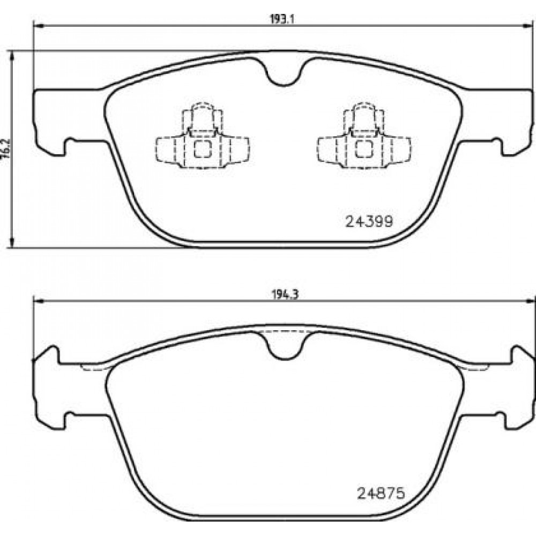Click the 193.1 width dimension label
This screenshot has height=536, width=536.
click(x=282, y=19)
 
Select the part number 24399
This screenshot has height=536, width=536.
click(x=369, y=221)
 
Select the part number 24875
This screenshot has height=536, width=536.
click(x=381, y=493)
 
